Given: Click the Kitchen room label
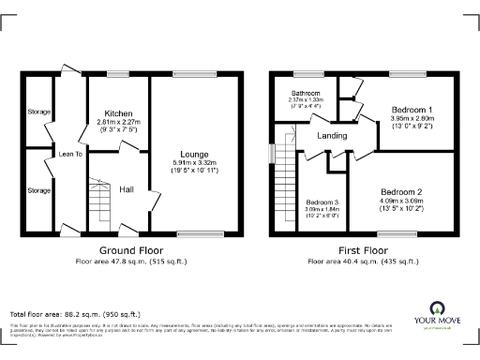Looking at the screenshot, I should (118, 112).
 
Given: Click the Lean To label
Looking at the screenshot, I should (70, 154).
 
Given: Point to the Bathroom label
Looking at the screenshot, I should (306, 94).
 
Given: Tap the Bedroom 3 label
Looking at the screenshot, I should (322, 202).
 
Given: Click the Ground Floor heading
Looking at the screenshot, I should (131, 251).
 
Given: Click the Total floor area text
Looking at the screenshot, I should (75, 313).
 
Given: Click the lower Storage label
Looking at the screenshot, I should (38, 190).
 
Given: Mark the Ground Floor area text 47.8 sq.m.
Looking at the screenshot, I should (131, 262).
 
